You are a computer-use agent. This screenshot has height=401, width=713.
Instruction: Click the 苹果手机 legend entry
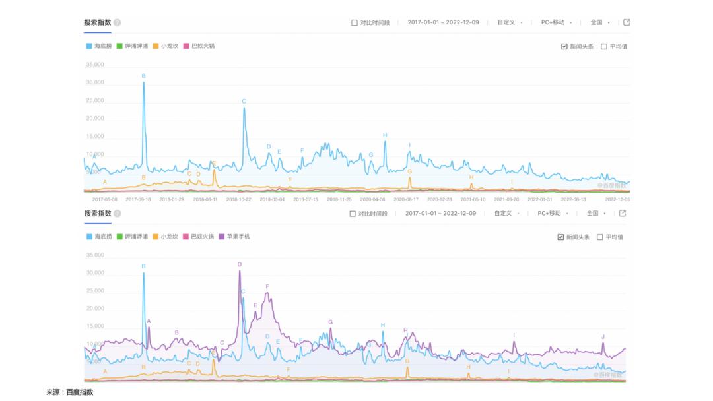click(x=238, y=237)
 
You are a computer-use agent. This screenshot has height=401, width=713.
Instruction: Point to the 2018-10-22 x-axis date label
click(x=240, y=199)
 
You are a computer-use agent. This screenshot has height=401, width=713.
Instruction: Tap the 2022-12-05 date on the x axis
click(x=617, y=199)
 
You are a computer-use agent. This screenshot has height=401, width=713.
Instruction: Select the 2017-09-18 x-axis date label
click(x=138, y=199)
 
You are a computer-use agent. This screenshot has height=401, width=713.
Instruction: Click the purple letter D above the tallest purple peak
click(x=240, y=264)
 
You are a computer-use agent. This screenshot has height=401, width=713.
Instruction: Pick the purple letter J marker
click(x=603, y=336)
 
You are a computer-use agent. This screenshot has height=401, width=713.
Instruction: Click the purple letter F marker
click(x=267, y=286)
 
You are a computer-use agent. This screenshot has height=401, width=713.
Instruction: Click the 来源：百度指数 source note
click(x=70, y=392)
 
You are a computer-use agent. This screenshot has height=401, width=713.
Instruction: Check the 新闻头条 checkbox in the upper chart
click(x=564, y=47)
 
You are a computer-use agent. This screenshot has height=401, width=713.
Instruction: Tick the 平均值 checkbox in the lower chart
click(x=601, y=237)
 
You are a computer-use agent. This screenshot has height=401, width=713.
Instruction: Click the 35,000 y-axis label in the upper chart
click(x=95, y=65)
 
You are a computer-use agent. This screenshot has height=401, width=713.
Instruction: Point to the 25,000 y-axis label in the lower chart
click(x=95, y=291)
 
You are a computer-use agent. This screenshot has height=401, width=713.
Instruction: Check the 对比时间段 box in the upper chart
click(x=355, y=23)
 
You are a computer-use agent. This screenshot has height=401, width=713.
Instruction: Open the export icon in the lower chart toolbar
click(x=623, y=213)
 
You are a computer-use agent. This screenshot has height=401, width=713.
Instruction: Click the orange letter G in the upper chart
click(x=410, y=171)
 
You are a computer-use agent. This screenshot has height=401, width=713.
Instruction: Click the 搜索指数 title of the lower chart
click(x=98, y=214)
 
